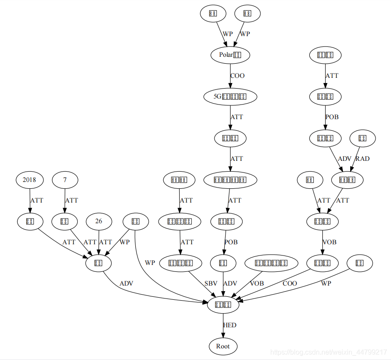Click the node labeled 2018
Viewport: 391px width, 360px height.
coord(30,180)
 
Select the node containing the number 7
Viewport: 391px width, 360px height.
coord(65,180)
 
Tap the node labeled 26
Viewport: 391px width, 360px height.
coord(99,222)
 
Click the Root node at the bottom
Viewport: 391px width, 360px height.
coord(223,346)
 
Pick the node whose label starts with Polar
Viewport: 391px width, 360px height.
coord(230,55)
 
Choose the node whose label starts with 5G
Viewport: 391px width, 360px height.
coord(230,96)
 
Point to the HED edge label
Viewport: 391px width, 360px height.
coord(230,325)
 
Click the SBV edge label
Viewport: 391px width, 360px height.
coord(211,284)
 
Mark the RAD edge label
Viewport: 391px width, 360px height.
coord(363,159)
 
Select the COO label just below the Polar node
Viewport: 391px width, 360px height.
coord(237,76)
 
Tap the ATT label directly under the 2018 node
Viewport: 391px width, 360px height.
coord(37,200)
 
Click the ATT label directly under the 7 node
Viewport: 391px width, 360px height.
coord(71,200)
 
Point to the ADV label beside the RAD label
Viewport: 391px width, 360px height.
coord(345,159)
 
